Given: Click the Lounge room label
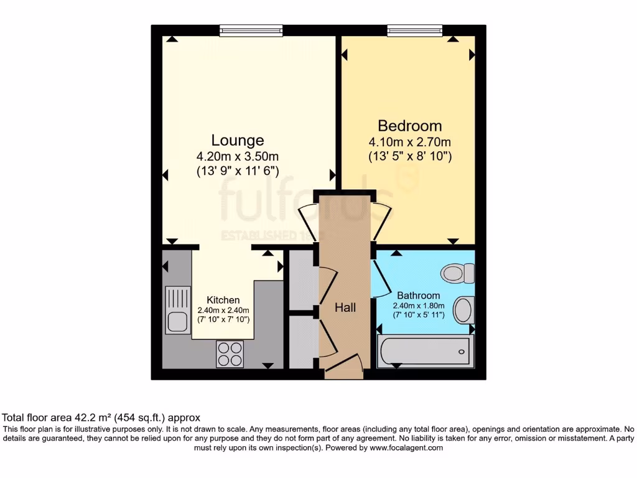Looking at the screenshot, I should [238, 140].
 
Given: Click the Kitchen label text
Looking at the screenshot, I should [223, 299].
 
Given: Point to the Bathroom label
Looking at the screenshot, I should [419, 296].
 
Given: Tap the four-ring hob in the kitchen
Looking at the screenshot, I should [230, 354].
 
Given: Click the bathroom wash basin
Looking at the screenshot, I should [463, 310].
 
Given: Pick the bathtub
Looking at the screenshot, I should [425, 352].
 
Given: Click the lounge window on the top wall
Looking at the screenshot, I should [251, 29].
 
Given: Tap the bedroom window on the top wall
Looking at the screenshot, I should [415, 29].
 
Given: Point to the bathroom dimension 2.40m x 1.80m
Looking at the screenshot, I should [419, 306].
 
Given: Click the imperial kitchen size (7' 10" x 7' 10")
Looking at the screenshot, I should [223, 319].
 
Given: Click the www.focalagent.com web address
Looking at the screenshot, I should [406, 448].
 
